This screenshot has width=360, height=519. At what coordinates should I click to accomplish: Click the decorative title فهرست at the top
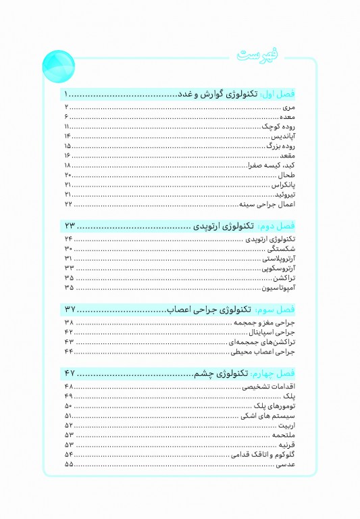point(261,58)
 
